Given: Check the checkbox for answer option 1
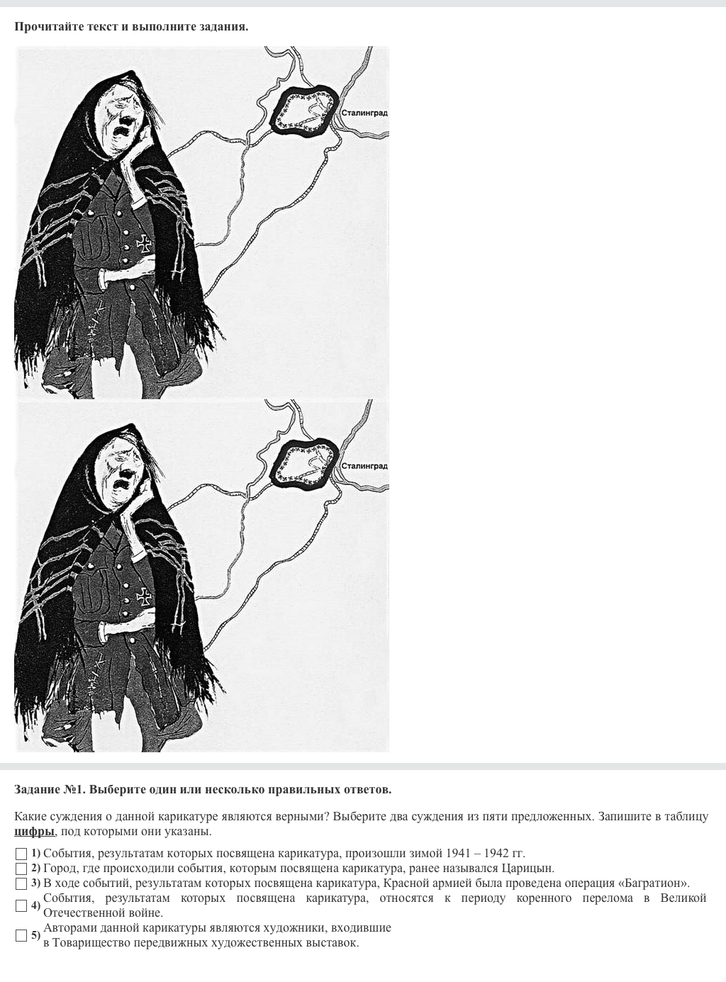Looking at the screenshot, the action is click(21, 854).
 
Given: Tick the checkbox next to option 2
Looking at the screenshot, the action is click(21, 869).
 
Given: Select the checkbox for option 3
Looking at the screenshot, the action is click(21, 883).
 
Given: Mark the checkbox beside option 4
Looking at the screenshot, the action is click(21, 905).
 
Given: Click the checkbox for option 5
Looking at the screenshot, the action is click(21, 935).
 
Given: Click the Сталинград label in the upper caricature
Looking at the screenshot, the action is click(364, 113).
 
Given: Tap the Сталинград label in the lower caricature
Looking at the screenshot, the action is click(364, 467).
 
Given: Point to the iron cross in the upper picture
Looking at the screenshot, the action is click(144, 243).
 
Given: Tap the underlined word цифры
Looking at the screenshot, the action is click(34, 832).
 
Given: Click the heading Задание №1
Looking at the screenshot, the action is click(50, 789).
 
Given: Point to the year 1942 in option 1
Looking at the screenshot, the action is click(496, 853).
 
